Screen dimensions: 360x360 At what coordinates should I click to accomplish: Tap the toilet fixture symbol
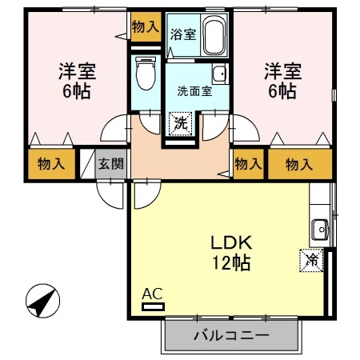click(x=145, y=75)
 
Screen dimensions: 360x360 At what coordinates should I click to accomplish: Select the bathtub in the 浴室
click(x=214, y=37)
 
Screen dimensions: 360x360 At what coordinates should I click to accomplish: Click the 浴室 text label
click(x=182, y=34)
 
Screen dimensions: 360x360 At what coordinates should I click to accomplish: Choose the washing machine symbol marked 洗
click(x=182, y=124)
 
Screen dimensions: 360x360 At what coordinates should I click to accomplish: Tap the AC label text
click(x=151, y=294)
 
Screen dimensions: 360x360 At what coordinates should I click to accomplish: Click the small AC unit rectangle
click(x=152, y=305)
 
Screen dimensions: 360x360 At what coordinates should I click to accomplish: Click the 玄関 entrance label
click(x=110, y=165)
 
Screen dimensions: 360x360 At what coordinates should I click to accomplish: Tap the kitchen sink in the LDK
click(x=321, y=230)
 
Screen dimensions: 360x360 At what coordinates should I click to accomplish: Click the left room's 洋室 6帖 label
click(x=77, y=80)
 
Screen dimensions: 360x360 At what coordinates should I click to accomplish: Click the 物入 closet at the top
click(x=145, y=26)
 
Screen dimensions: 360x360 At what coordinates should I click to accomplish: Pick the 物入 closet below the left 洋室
click(x=51, y=165)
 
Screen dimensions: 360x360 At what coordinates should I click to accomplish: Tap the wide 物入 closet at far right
click(x=298, y=165)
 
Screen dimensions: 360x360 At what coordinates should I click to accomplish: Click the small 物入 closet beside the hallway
click(x=248, y=165)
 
